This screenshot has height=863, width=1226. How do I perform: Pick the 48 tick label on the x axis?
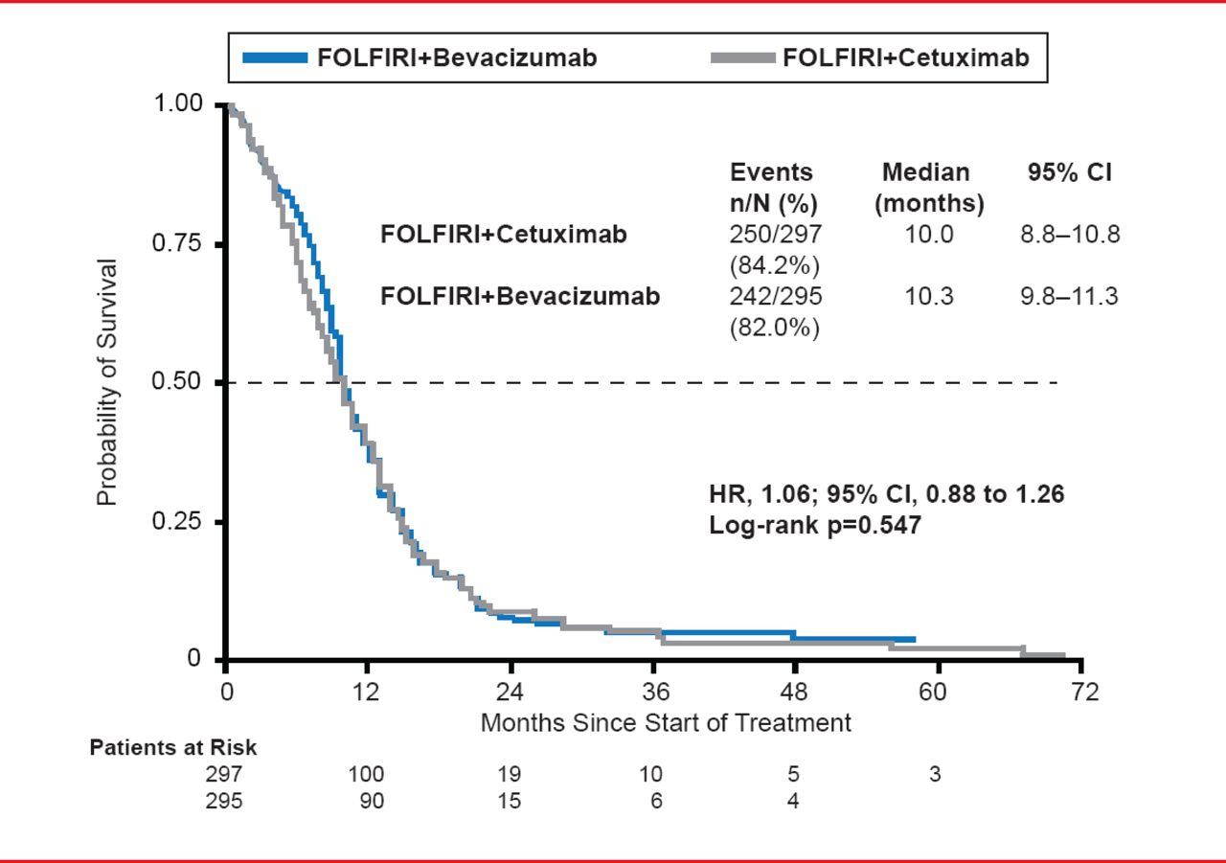click(x=794, y=692)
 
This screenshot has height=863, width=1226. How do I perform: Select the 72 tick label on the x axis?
click(x=1083, y=692)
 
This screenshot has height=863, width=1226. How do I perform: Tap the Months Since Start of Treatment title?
click(x=666, y=722)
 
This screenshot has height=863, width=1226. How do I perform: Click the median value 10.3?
click(x=929, y=297)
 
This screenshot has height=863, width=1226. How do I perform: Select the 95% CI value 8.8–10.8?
click(x=1069, y=235)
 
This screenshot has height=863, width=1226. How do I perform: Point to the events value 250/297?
click(x=776, y=235)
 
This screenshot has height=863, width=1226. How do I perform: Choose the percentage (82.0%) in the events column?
click(x=776, y=327)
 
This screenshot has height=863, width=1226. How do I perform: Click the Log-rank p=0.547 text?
click(x=814, y=525)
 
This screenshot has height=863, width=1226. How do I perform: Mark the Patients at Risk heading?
click(x=173, y=748)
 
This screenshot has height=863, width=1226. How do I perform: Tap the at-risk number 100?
click(x=365, y=775)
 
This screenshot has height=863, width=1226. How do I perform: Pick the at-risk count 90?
click(x=370, y=801)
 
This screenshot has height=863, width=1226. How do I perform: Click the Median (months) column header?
click(x=928, y=188)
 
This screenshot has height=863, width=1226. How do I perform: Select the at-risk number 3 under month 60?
click(x=935, y=775)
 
